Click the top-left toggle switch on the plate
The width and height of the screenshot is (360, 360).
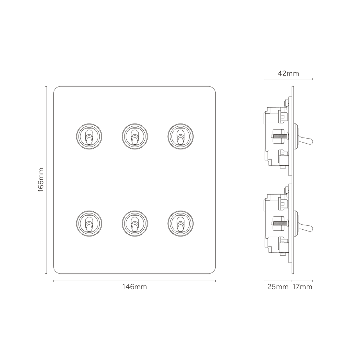tap(89, 136)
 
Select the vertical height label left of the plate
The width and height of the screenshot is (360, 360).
tap(42, 179)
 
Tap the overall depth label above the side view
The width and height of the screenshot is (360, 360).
tap(288, 73)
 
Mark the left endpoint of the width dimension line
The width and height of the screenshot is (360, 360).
tap(53, 281)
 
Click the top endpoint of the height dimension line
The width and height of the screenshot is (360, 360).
tap(45, 86)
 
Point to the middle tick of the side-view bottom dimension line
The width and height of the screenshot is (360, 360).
tap(291, 280)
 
